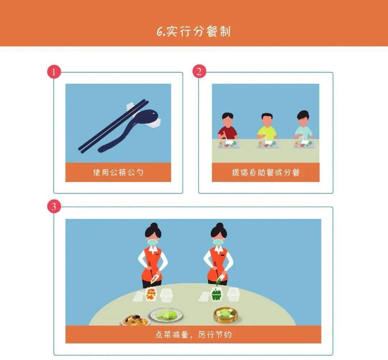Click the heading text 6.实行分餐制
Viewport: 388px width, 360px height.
point(194,31)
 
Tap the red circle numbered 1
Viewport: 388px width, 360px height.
point(54,72)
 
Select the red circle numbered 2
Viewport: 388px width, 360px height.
point(199,71)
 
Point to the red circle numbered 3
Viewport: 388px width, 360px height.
point(54,206)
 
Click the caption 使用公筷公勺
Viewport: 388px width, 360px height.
point(118,172)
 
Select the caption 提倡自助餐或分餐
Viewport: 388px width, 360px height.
point(265,172)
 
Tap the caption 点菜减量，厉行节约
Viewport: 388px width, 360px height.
point(193,334)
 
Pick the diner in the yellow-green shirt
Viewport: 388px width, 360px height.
point(267,126)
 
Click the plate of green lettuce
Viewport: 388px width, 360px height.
point(167,315)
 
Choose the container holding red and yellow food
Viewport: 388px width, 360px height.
point(151,294)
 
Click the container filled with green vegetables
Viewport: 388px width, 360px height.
point(217,294)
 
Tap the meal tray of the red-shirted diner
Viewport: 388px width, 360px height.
point(229,144)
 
